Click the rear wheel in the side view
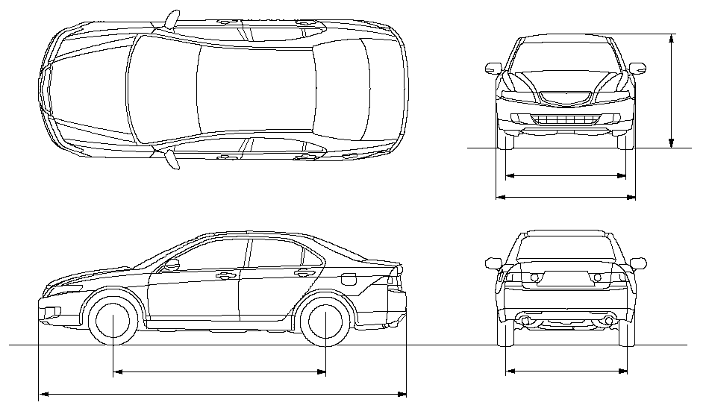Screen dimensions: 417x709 326,322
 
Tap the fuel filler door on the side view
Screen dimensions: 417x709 348,279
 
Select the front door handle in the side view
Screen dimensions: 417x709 222,275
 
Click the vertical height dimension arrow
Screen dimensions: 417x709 672,90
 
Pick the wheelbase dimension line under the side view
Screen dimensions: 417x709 219,371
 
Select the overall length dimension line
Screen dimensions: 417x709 222,394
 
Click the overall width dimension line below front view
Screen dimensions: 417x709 565,198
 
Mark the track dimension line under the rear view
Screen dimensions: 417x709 566,370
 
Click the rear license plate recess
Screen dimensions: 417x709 565,278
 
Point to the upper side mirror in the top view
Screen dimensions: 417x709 172,18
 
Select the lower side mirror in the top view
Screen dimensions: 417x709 172,159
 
